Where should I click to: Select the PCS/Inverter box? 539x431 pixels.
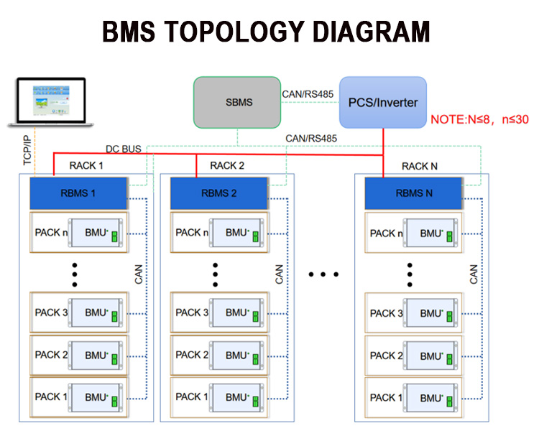click(382, 103)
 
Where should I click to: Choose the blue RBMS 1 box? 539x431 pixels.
click(78, 193)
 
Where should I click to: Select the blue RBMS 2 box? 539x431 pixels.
click(218, 193)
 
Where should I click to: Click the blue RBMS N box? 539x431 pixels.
click(413, 193)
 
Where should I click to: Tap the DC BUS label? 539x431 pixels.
click(124, 149)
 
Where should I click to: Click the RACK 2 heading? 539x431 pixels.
click(227, 166)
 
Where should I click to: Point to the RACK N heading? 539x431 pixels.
click(419, 166)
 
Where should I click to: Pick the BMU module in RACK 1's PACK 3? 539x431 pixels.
click(97, 313)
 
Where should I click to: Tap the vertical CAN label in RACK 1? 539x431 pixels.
click(139, 274)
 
